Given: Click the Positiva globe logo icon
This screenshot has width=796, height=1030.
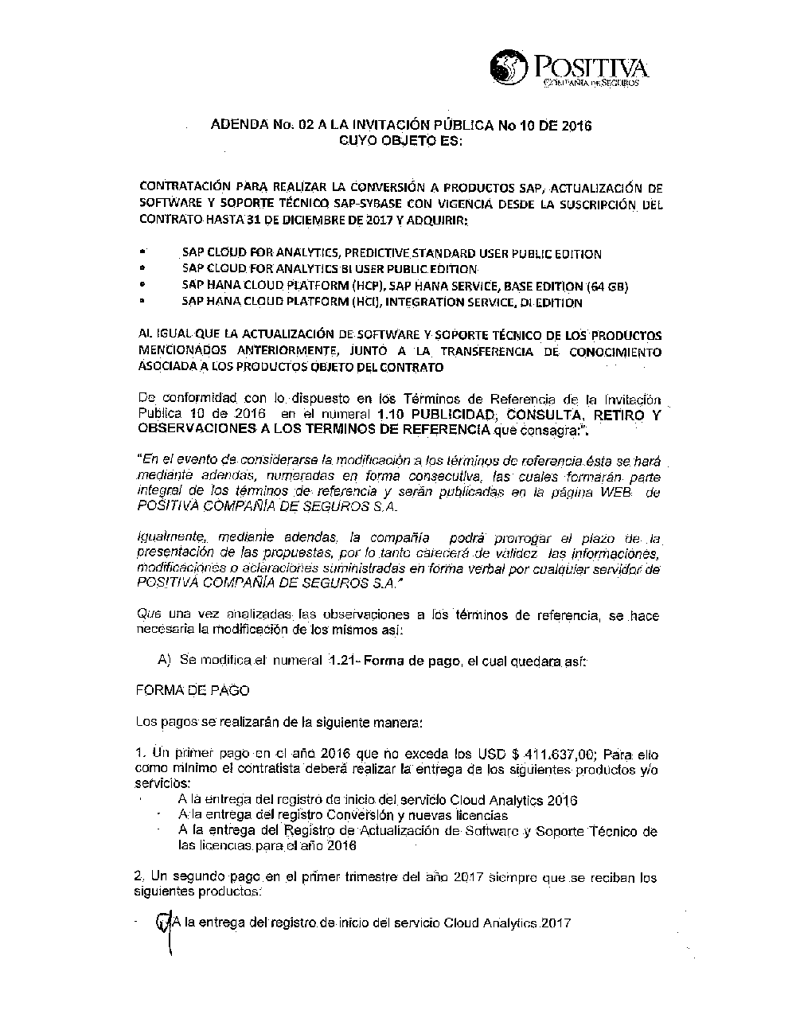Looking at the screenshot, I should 509,67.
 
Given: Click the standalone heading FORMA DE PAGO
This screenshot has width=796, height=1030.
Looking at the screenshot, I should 182,690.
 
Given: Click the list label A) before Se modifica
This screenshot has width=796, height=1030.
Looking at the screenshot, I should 165,661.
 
